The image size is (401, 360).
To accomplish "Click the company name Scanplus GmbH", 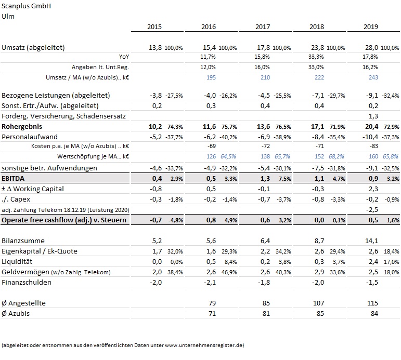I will click(x=27, y=7).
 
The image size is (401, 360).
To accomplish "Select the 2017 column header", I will click(x=262, y=26).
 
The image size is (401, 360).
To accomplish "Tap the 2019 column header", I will click(x=370, y=26).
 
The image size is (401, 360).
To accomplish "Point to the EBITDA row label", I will click(x=17, y=178).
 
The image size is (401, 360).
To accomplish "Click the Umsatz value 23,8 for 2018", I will click(x=316, y=48).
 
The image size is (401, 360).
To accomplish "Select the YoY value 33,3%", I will click(x=316, y=57).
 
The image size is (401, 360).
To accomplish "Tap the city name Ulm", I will click(x=8, y=16).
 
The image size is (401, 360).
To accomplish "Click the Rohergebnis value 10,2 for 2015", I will click(x=154, y=126).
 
